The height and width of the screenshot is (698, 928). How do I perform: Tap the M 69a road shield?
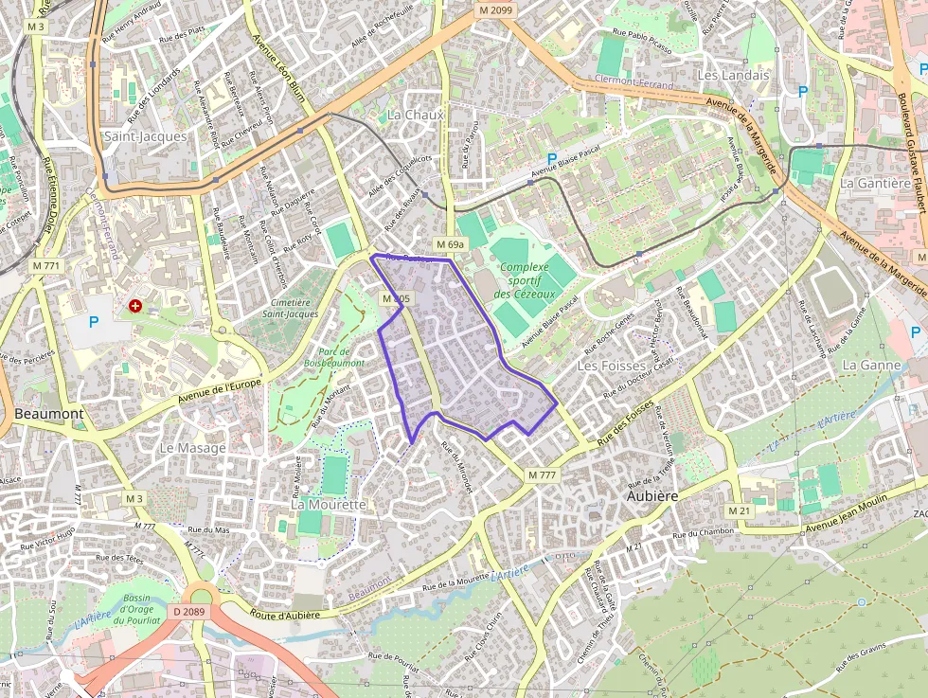pyautogui.click(x=451, y=245)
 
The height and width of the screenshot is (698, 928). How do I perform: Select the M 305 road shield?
pyautogui.click(x=396, y=298)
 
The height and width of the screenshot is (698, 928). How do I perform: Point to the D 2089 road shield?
pyautogui.click(x=189, y=612)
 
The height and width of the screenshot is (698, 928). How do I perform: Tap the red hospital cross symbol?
pyautogui.click(x=135, y=306)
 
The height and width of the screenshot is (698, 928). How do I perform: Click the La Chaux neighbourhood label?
pyautogui.click(x=415, y=115)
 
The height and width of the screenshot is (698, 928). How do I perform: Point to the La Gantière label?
pyautogui.click(x=875, y=183)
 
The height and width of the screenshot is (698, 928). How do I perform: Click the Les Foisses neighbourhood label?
pyautogui.click(x=611, y=366)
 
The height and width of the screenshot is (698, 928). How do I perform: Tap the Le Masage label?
pyautogui.click(x=192, y=447)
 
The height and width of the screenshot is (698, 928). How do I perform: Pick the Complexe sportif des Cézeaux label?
pyautogui.click(x=525, y=281)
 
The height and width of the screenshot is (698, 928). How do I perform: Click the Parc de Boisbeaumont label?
pyautogui.click(x=334, y=357)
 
